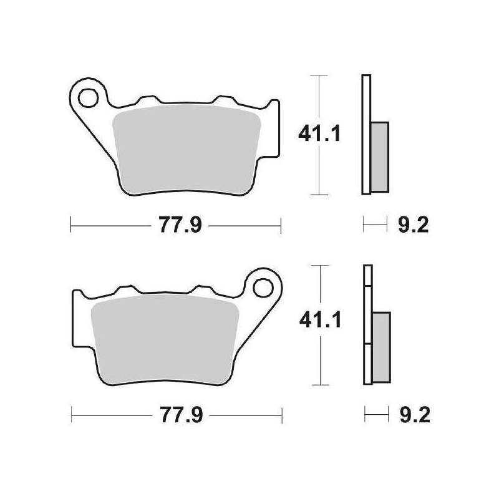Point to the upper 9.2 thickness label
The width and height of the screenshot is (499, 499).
point(412,225)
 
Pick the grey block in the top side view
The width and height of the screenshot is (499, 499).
point(379,156)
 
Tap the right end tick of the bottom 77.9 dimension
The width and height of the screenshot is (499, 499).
point(283,413)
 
